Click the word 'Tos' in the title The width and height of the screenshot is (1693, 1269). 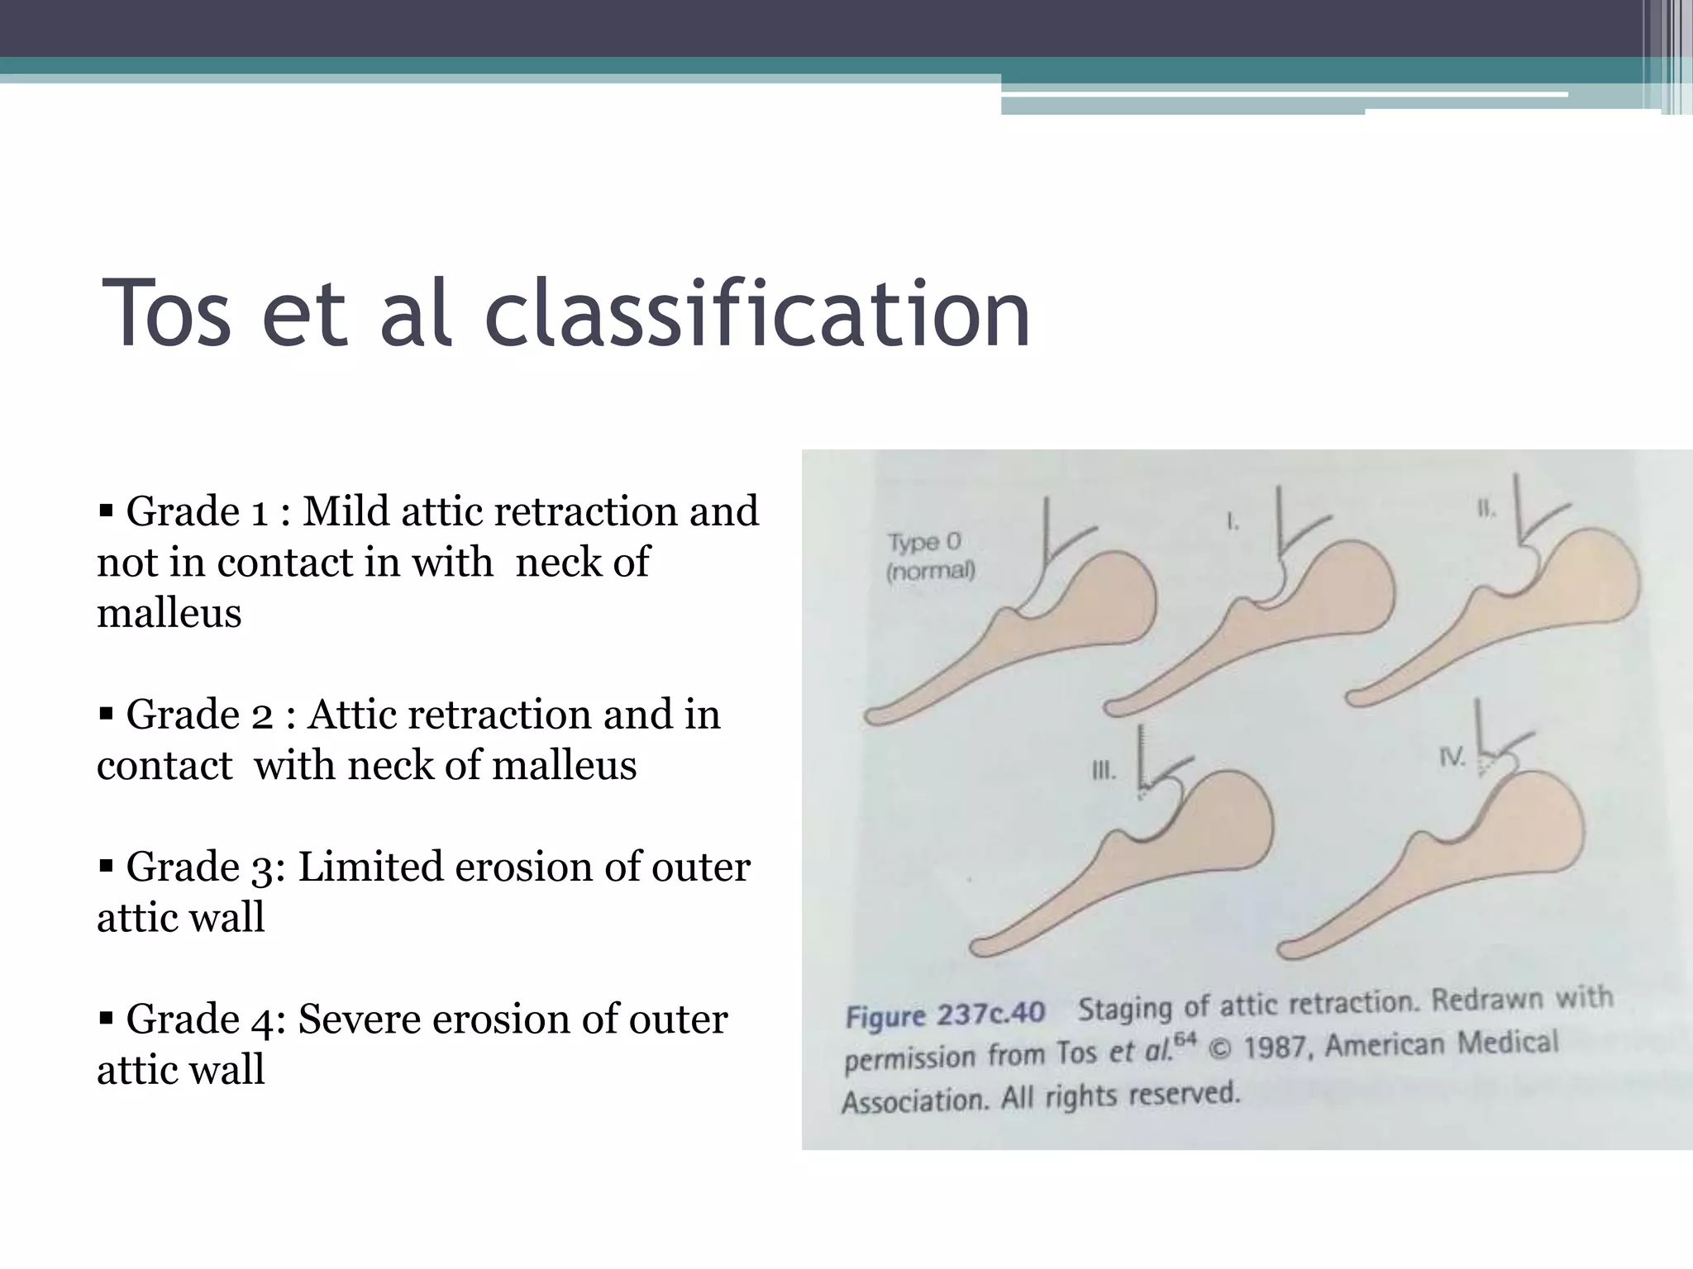point(165,315)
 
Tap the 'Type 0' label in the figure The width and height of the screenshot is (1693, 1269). point(924,543)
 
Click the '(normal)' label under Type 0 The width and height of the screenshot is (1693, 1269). point(931,571)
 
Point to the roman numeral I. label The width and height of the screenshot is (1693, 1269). point(1232,522)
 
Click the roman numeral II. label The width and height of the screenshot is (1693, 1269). point(1486,510)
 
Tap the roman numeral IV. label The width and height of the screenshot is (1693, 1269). point(1452,757)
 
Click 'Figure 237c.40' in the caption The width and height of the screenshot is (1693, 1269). point(945,1014)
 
